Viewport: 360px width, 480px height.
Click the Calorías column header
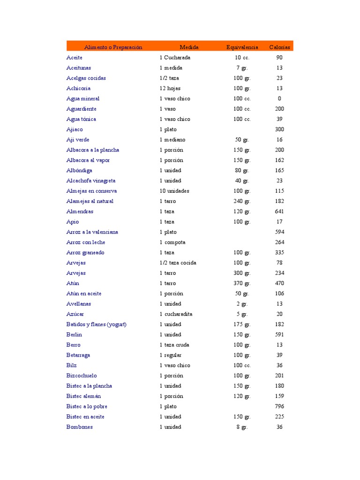(279, 47)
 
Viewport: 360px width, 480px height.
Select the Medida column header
(189, 47)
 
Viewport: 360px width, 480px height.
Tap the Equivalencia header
(242, 47)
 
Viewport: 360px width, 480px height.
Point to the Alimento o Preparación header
(113, 47)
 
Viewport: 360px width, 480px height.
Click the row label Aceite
(75, 58)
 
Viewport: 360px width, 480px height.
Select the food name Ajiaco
(75, 129)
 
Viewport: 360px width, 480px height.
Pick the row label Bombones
(80, 427)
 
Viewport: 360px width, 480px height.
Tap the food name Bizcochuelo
(82, 375)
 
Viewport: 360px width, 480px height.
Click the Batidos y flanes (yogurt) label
(97, 324)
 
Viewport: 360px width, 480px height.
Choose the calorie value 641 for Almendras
(279, 211)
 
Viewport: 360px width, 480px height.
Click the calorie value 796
(279, 406)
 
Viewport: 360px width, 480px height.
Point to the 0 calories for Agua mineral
(279, 98)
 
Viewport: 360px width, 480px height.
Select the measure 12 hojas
(170, 88)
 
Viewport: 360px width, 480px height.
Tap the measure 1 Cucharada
(175, 58)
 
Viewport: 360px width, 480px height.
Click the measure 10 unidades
(174, 191)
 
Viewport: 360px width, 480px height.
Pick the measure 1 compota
(172, 242)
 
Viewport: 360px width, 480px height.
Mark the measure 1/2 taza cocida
(178, 263)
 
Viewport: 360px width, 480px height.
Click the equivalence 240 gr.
(242, 201)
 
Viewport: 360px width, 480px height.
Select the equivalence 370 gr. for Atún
(242, 283)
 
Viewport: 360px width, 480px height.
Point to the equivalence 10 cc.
(242, 58)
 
